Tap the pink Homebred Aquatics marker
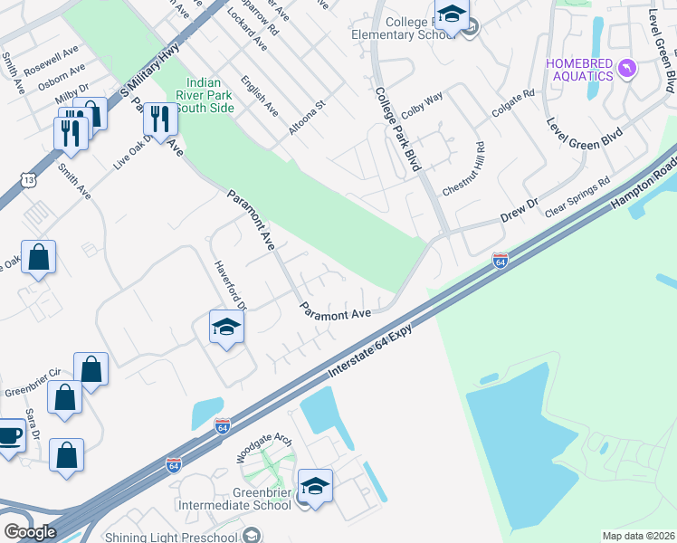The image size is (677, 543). (x=625, y=69)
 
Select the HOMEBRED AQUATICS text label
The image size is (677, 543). (x=578, y=69)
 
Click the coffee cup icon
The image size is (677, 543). (x=9, y=436)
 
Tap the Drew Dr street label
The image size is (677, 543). (x=520, y=213)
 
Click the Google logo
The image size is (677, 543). (x=30, y=531)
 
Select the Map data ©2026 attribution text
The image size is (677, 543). (x=639, y=536)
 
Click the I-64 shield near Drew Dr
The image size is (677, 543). (x=500, y=261)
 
